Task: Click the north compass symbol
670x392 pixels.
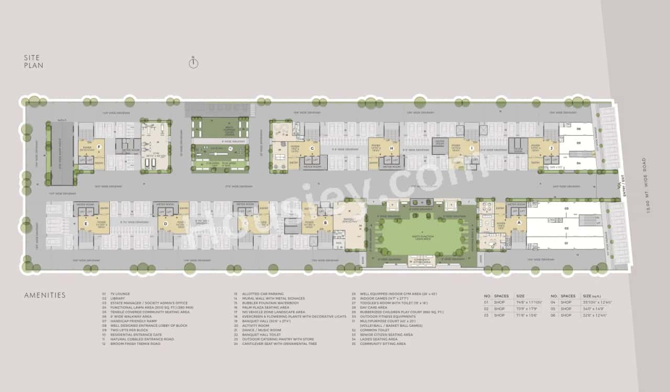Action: (193, 63)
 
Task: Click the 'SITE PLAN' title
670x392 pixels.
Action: (33, 62)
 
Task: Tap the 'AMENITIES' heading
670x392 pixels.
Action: (45, 295)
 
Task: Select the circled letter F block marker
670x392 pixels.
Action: (98, 147)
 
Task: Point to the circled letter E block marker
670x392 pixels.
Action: (85, 224)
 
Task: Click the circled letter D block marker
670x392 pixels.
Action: (165, 224)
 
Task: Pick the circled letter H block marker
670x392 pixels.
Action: (392, 148)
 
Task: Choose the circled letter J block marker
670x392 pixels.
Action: (551, 148)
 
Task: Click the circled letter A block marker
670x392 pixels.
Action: (519, 222)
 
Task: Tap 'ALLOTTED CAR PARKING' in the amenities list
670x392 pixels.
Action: (262, 294)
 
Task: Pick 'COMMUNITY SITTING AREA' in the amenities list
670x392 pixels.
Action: (383, 344)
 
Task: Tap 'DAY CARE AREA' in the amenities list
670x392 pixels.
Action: (374, 307)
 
